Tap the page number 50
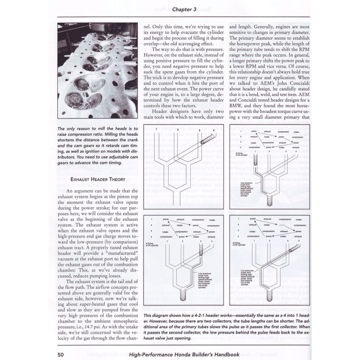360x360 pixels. [x=60, y=354]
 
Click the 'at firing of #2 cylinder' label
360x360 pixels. [x=240, y=244]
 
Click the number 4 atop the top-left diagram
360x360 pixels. [x=213, y=130]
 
